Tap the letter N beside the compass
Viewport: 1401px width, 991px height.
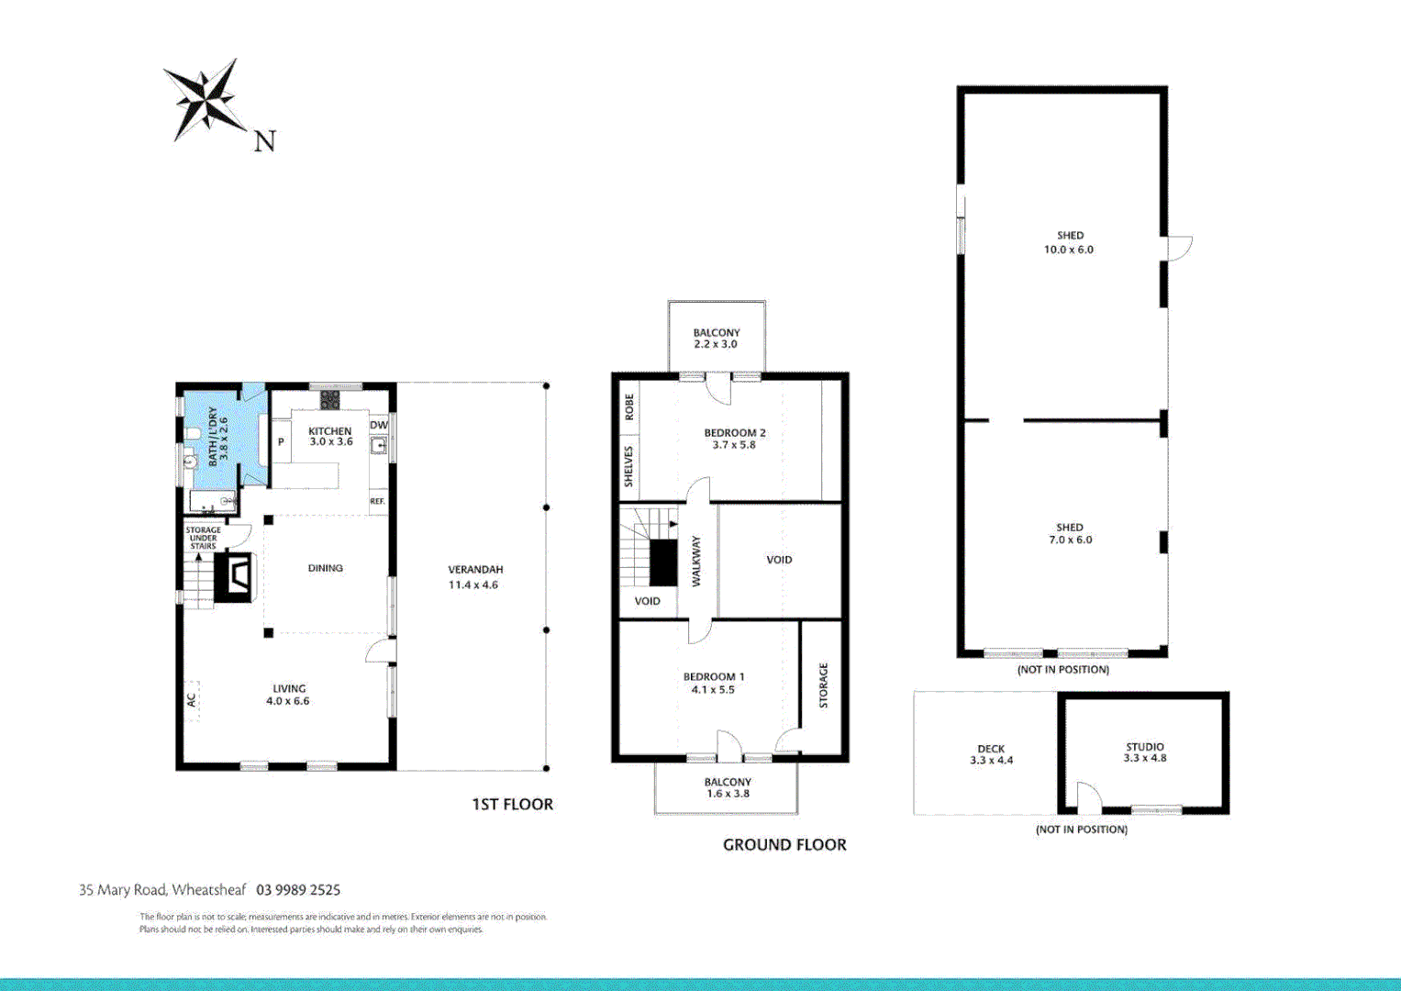pos(264,141)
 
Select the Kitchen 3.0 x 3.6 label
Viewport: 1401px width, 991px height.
pos(330,437)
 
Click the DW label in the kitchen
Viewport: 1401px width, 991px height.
pos(379,426)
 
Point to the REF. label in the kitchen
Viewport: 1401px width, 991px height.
pos(377,502)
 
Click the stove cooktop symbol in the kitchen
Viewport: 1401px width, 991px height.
pos(329,400)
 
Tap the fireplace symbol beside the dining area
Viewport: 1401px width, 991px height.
pos(234,577)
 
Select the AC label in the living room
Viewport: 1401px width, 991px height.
pos(192,699)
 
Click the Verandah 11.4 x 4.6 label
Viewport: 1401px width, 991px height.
pos(474,577)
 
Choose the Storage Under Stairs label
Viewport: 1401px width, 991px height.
pos(203,538)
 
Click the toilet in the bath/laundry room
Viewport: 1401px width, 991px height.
pos(192,434)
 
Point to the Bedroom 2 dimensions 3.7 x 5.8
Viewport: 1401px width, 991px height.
pos(734,445)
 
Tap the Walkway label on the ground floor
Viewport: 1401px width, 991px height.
pos(695,561)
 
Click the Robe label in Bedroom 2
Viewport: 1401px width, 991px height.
pos(629,406)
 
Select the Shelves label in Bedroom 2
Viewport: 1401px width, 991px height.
pos(629,466)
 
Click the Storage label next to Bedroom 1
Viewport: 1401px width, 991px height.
pos(823,685)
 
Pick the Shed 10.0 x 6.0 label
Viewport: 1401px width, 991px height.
pos(1069,242)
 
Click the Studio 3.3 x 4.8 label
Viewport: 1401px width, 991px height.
pos(1144,752)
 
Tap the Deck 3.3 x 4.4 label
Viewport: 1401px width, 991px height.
pos(991,754)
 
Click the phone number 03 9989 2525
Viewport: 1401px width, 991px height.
pos(298,890)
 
